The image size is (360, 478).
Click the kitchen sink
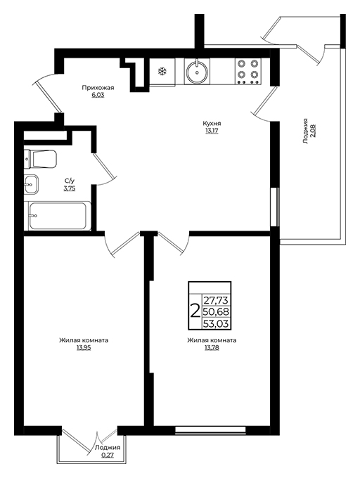[x=197, y=71]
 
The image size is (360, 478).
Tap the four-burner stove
[x=248, y=71]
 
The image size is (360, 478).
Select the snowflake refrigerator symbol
[x=162, y=72]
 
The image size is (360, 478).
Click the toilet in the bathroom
[x=41, y=159]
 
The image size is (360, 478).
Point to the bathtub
[x=58, y=216]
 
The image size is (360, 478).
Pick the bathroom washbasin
[x=31, y=184]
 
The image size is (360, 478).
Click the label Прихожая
[x=98, y=88]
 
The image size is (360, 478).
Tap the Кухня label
[x=212, y=124]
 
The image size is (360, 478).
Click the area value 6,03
[x=98, y=95]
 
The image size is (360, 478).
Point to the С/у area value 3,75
[x=69, y=188]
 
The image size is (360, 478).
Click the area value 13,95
[x=84, y=347]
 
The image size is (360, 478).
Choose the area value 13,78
[x=212, y=347]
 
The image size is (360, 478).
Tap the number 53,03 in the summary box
[x=216, y=323]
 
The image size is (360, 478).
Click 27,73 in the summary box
[x=216, y=300]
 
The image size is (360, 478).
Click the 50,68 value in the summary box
[x=216, y=312]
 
